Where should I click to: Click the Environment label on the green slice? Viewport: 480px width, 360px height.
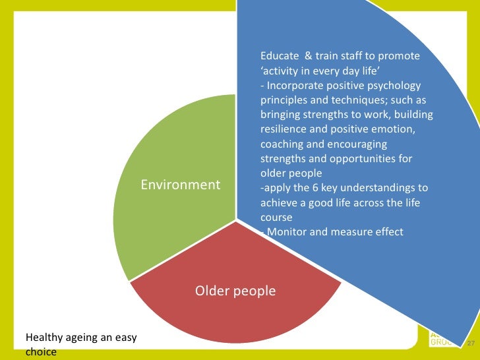pyautogui.click(x=181, y=185)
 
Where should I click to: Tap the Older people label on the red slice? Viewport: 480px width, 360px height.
pyautogui.click(x=235, y=291)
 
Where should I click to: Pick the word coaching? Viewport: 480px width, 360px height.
pyautogui.click(x=283, y=144)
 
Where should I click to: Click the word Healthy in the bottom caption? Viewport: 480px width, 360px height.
pyautogui.click(x=44, y=338)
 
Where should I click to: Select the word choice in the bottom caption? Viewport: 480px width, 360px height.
pyautogui.click(x=40, y=352)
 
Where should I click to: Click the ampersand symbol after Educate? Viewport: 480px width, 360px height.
pyautogui.click(x=309, y=56)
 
